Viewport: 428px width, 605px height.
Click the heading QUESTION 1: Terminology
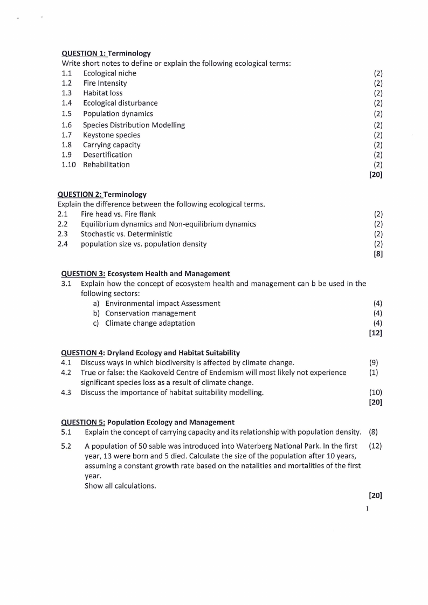pyautogui.click(x=106, y=53)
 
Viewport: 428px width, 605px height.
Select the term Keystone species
pyautogui.click(x=112, y=135)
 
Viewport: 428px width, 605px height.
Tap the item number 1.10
pyautogui.click(x=68, y=164)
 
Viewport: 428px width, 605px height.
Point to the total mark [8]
pyautogui.click(x=378, y=254)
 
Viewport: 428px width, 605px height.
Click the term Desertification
pyautogui.click(x=107, y=155)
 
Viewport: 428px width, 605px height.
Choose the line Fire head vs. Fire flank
pyautogui.click(x=118, y=214)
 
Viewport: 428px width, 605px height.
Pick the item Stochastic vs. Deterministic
pyautogui.click(x=127, y=234)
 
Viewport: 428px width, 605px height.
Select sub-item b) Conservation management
pyautogui.click(x=150, y=313)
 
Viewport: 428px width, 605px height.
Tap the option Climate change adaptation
pyautogui.click(x=150, y=323)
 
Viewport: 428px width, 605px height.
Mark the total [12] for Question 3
pyautogui.click(x=376, y=333)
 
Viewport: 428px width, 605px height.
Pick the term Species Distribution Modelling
pyautogui.click(x=134, y=125)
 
